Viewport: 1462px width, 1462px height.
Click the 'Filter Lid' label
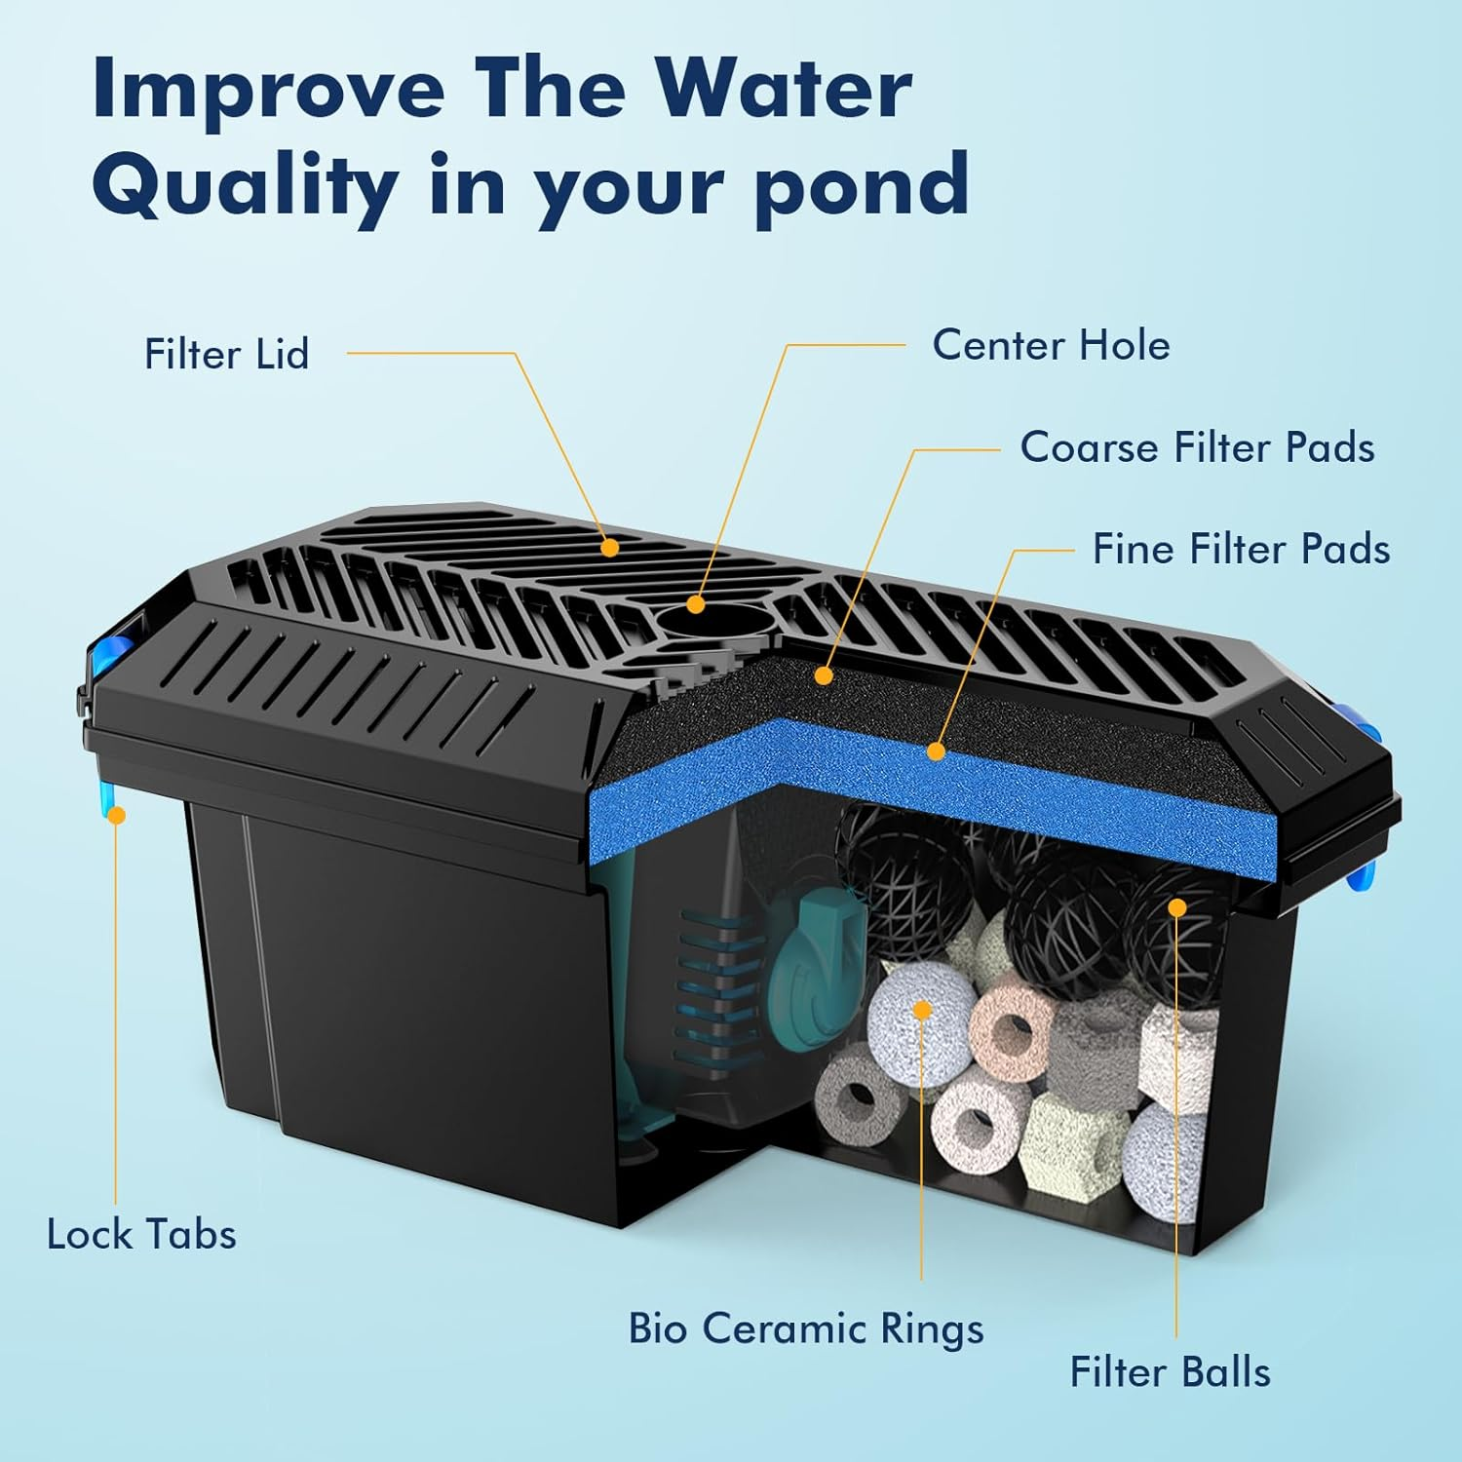click(226, 354)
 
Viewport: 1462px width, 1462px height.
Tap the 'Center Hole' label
click(1051, 345)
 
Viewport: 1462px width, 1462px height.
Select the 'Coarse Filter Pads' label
click(1197, 447)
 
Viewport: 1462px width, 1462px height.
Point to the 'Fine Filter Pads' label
click(1241, 549)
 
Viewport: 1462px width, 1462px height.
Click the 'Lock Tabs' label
click(141, 1235)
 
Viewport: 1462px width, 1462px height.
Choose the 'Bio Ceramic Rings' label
click(805, 1329)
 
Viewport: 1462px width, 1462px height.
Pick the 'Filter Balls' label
click(1170, 1372)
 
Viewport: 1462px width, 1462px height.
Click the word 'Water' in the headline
click(783, 90)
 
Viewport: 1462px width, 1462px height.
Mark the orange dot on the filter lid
click(610, 548)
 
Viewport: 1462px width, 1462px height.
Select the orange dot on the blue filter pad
click(936, 751)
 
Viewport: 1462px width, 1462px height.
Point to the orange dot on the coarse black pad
click(824, 674)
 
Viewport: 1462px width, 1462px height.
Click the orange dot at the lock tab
click(117, 815)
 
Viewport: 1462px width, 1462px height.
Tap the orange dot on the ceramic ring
click(922, 1010)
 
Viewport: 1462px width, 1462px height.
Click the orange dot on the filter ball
click(1177, 908)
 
